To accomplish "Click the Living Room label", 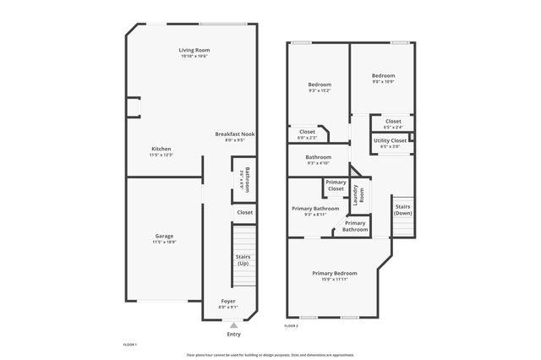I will (194, 51).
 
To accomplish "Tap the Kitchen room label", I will (161, 149).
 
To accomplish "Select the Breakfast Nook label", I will (234, 134).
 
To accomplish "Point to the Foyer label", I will (228, 301).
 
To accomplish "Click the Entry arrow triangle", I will (234, 325).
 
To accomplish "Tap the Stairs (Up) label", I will (243, 259).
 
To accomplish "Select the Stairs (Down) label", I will (402, 210).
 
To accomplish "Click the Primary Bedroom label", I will (334, 273).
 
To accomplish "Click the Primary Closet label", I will (336, 185).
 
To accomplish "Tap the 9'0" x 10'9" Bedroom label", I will (383, 75).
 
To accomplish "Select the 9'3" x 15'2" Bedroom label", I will (320, 85).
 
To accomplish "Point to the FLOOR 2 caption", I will (291, 325).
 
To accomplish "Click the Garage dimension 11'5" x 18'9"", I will (163, 242).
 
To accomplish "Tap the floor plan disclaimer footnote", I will (270, 355).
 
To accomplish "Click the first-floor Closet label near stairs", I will (244, 213).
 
